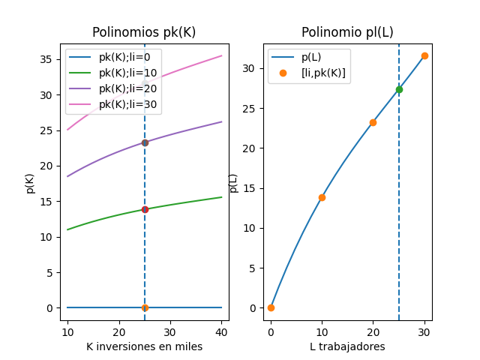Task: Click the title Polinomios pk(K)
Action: (x=144, y=32)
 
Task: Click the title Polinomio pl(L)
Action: (x=347, y=32)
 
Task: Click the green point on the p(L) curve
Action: (x=399, y=89)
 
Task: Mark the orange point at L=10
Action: (x=322, y=197)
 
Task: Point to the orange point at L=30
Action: (x=424, y=55)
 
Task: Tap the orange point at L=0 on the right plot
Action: (x=271, y=307)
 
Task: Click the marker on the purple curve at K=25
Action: (x=145, y=142)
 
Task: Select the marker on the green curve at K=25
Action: (x=145, y=209)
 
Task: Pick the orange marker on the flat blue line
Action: (x=145, y=307)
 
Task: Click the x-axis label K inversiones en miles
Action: (x=144, y=347)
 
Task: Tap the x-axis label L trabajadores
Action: (x=347, y=347)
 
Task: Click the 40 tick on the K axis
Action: (x=221, y=330)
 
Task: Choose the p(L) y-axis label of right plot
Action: (x=233, y=182)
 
